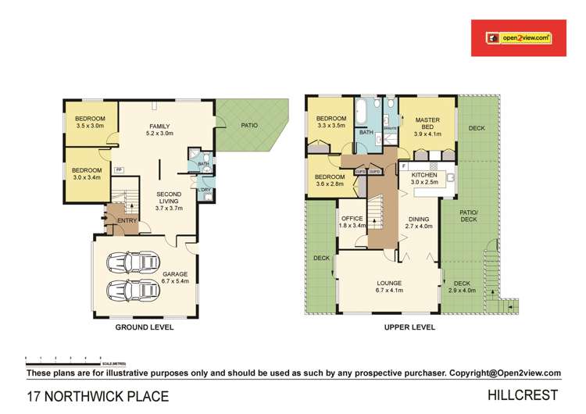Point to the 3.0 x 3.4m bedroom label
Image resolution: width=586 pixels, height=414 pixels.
pos(87,173)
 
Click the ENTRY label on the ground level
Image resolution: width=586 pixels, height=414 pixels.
pos(127,221)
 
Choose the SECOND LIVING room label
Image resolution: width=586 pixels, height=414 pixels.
pos(168,198)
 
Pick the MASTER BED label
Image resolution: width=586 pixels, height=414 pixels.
pos(427,124)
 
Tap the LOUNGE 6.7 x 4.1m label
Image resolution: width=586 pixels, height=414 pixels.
pos(388,287)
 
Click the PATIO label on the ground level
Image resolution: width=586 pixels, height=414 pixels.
pos(249,125)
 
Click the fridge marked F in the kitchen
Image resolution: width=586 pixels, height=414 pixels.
pos(403,166)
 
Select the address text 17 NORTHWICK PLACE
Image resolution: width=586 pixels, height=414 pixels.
pos(98,396)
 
